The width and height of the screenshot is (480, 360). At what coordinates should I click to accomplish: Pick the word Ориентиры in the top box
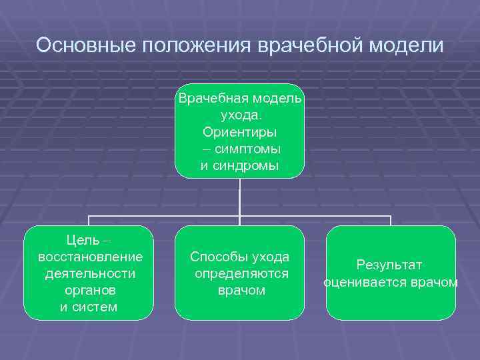pos(240,132)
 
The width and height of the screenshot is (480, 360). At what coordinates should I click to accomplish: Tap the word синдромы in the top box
pos(245,165)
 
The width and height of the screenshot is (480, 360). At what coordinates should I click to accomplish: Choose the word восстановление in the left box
pos(91,257)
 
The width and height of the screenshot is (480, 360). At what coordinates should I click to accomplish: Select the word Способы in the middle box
pos(219,257)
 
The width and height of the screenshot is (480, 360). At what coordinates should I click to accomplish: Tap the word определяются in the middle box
pos(241,273)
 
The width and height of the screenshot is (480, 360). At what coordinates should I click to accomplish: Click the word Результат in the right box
pos(389,265)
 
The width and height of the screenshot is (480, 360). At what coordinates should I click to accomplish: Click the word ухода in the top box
pos(239,115)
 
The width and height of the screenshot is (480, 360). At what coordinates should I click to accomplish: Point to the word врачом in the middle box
pos(241,290)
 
